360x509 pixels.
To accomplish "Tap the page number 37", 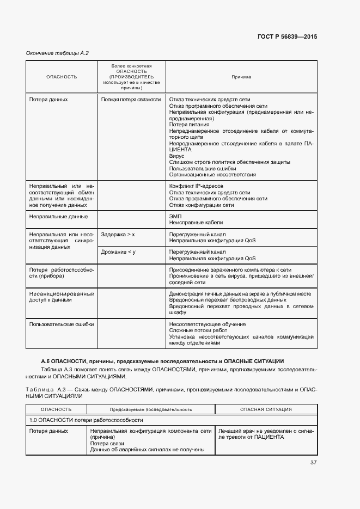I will [x=314, y=463].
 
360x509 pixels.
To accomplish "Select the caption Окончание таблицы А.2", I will [x=57, y=53].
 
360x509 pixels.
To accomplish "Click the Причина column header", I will [x=241, y=77].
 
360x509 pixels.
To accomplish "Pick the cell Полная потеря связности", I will [x=131, y=100].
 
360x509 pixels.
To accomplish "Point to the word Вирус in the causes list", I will [x=177, y=156].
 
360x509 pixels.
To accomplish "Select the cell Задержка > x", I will [x=118, y=234].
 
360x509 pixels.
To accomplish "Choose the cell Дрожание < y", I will [x=118, y=252].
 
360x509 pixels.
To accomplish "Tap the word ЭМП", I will [x=175, y=216].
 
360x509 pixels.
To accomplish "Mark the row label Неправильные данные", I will [x=58, y=217].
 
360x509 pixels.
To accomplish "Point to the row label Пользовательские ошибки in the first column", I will [x=62, y=324].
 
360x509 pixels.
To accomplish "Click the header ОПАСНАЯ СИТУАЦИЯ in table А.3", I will [x=266, y=409].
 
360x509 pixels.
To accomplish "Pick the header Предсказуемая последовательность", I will [x=150, y=409].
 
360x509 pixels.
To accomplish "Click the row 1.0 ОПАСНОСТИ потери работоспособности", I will [x=86, y=420].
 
